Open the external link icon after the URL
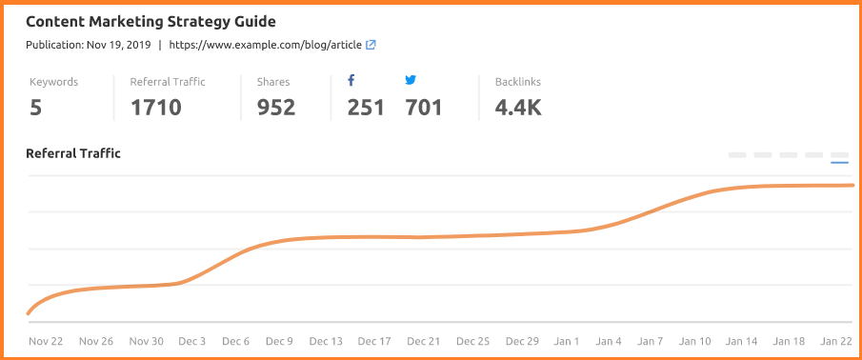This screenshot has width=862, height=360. [371, 45]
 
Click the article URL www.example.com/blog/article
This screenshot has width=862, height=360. [266, 45]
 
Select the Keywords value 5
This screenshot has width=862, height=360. [35, 108]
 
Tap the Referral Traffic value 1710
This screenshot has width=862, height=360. [155, 108]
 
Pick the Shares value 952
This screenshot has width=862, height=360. [276, 108]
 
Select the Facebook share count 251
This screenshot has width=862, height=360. [366, 108]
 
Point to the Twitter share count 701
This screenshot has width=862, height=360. [424, 108]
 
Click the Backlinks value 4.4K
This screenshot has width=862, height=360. [518, 108]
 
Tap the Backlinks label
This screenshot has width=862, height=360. [518, 82]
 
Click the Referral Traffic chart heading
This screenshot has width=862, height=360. [73, 153]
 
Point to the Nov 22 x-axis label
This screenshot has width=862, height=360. [46, 341]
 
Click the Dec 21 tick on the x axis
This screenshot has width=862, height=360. [424, 341]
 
